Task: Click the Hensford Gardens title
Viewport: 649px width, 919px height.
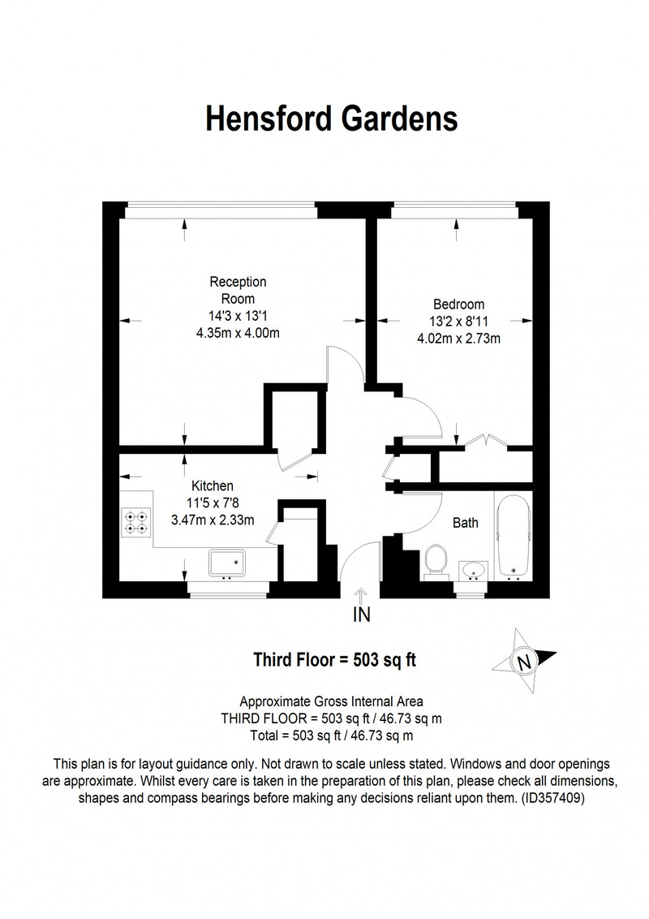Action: pyautogui.click(x=332, y=119)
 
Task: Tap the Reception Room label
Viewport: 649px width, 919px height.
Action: pyautogui.click(x=238, y=290)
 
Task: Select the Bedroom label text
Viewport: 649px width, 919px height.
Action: pyautogui.click(x=458, y=304)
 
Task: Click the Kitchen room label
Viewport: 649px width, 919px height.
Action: pyautogui.click(x=212, y=485)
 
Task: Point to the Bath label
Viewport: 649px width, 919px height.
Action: pyautogui.click(x=466, y=523)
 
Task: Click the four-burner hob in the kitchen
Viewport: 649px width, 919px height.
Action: pyautogui.click(x=136, y=522)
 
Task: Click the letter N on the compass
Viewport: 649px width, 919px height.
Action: pyautogui.click(x=523, y=662)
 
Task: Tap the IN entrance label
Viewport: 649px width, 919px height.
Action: pyautogui.click(x=361, y=615)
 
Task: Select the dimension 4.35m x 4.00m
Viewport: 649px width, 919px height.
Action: pyautogui.click(x=238, y=333)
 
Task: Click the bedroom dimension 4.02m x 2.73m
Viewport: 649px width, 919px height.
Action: pyautogui.click(x=458, y=339)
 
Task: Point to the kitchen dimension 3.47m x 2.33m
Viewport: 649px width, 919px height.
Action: pyautogui.click(x=213, y=520)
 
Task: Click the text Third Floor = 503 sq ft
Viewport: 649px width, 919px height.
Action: pyautogui.click(x=334, y=660)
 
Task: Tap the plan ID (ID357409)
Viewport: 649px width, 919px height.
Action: pyautogui.click(x=553, y=798)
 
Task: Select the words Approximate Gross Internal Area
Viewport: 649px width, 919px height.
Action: pyautogui.click(x=332, y=701)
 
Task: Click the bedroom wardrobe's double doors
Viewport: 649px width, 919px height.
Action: pyautogui.click(x=486, y=441)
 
